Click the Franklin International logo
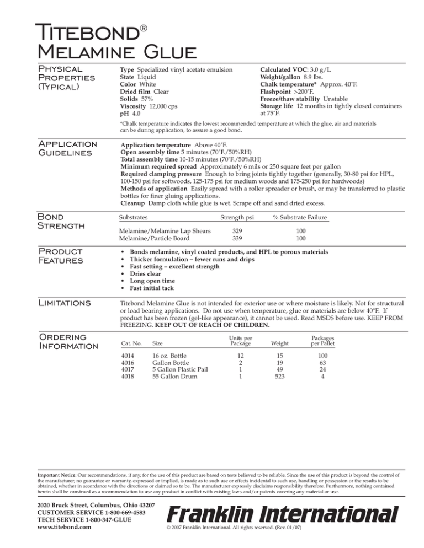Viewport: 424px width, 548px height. [x=283, y=515]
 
